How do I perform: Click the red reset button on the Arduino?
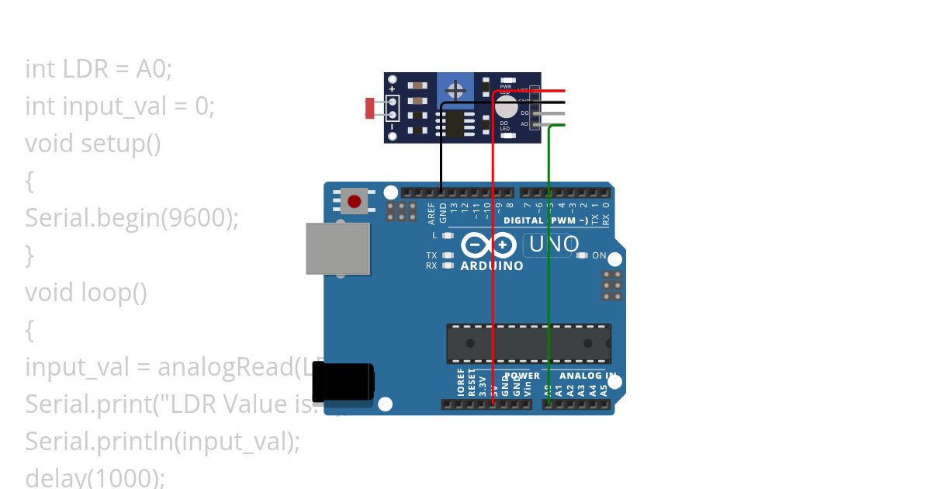tap(355, 202)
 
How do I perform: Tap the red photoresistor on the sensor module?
tap(370, 108)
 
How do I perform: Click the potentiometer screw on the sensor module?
tap(455, 91)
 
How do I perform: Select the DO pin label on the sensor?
tap(524, 113)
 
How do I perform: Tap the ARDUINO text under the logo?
tap(492, 265)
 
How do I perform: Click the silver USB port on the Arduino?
tap(337, 248)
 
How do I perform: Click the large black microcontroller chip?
tap(528, 343)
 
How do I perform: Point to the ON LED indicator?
tap(583, 255)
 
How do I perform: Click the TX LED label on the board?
tap(431, 255)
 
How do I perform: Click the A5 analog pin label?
tap(604, 390)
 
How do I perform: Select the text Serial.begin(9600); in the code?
tap(131, 218)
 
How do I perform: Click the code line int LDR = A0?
tap(99, 69)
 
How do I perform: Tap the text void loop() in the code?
tap(85, 293)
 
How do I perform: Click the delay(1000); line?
tap(95, 477)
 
